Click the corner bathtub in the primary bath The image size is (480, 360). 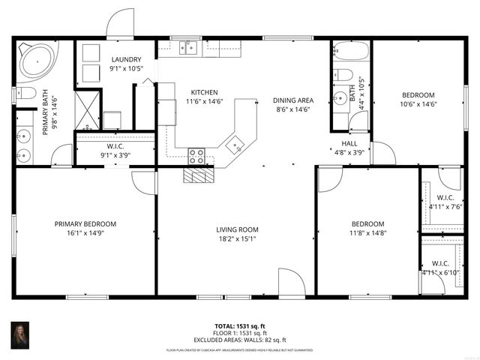coord(35,61)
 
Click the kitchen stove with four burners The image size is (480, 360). coord(197,156)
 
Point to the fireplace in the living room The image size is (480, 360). coord(199,175)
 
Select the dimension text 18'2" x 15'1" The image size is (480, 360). coord(237,239)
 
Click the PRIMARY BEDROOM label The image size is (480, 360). coord(85,223)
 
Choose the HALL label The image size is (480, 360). coord(349,142)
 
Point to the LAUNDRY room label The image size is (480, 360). coord(126,59)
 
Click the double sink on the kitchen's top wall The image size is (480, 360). coord(187,48)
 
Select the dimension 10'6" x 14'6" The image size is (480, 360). coord(418,104)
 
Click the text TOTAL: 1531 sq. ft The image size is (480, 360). coord(240,326)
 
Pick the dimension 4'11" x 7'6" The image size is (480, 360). coord(440,206)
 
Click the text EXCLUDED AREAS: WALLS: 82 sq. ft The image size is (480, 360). coord(240,340)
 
